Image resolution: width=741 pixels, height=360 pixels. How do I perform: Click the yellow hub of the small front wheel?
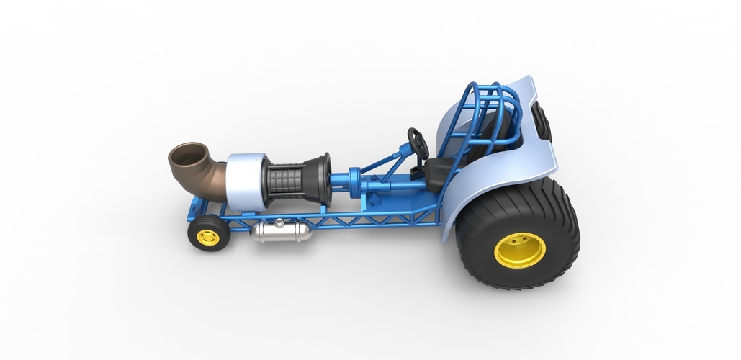[208, 236]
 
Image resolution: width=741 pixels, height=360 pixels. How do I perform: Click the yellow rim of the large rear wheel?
[519, 250]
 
